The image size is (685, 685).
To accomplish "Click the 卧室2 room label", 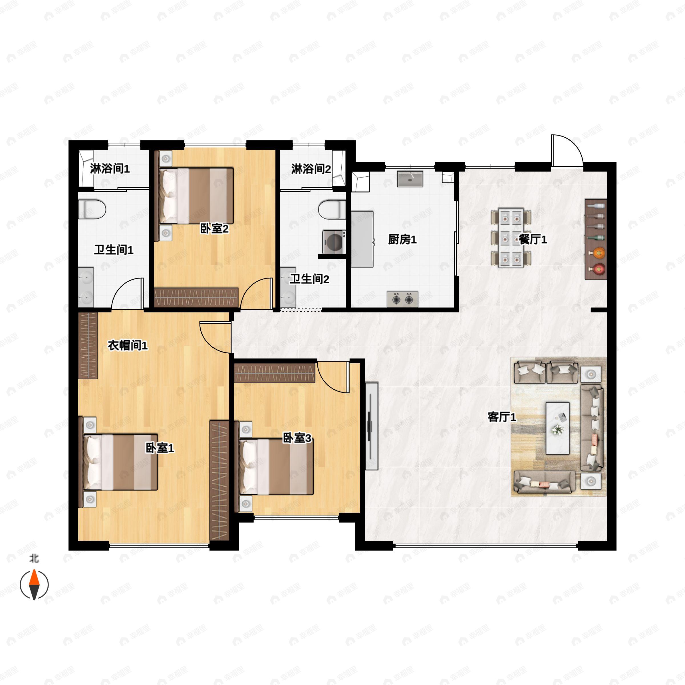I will click(x=214, y=229).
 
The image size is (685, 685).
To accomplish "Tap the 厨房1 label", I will click(x=402, y=240).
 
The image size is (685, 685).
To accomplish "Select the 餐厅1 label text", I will click(x=533, y=239).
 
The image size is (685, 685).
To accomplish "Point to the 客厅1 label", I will click(x=502, y=417).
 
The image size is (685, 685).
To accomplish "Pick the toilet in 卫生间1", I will click(x=92, y=209).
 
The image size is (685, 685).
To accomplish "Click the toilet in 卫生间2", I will click(x=332, y=209).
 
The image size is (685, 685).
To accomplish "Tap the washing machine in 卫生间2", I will click(x=334, y=242).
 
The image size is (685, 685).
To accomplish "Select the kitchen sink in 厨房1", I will click(x=410, y=179).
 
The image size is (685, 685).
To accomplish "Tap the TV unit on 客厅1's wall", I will click(x=372, y=426).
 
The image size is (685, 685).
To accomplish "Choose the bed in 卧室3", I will click(x=277, y=466).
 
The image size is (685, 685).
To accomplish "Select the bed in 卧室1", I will click(x=120, y=462).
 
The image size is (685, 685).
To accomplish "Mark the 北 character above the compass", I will click(x=34, y=559).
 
